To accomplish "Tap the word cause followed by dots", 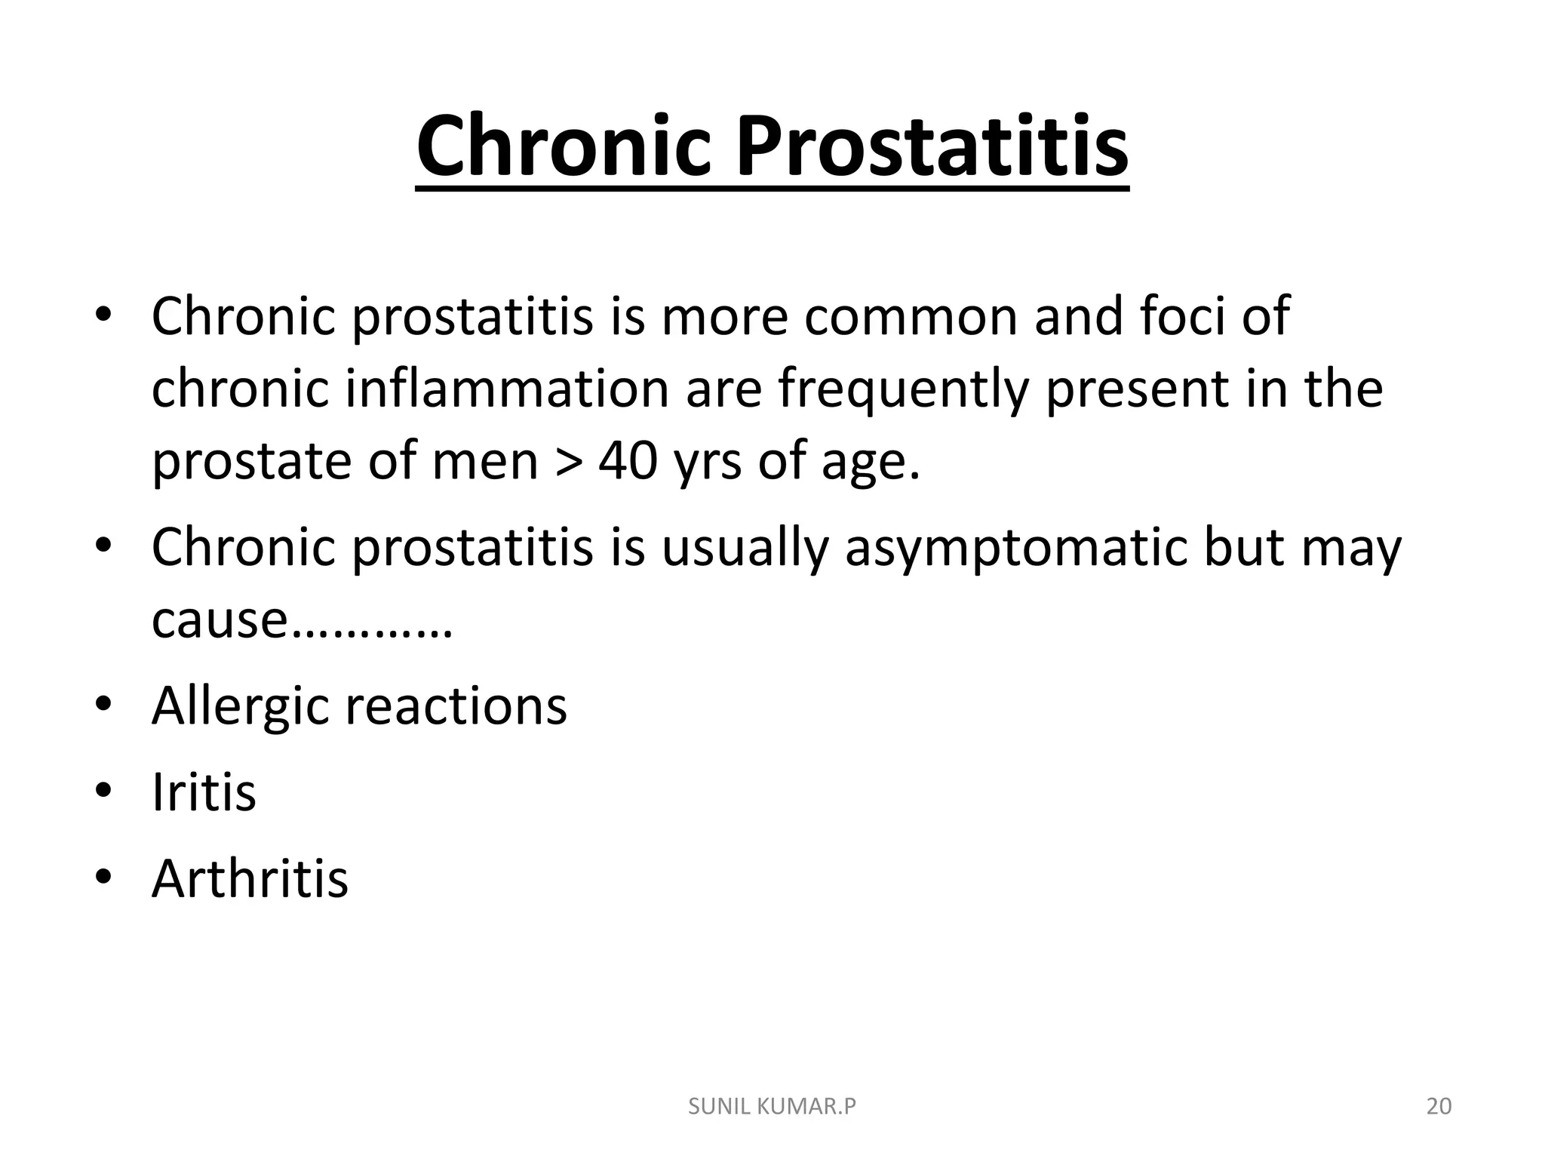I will (x=219, y=620).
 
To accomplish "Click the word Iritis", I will (x=204, y=792).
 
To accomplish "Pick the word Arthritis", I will (x=250, y=878).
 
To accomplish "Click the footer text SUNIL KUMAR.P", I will (x=772, y=1106).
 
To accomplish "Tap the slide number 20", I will (x=1439, y=1106).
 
